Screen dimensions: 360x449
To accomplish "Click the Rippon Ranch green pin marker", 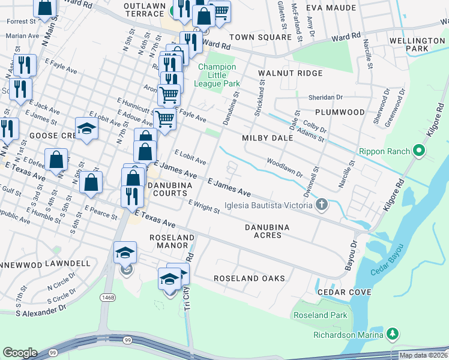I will [420, 149].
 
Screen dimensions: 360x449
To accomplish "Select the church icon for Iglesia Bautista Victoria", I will [322, 205].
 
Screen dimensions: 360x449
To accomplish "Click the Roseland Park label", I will [320, 315].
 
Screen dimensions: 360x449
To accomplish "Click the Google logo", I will [20, 353].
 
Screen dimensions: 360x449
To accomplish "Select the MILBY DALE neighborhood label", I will [267, 138].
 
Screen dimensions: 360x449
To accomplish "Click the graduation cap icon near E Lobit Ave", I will [87, 128].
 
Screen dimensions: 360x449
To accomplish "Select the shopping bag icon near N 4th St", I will [56, 160].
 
